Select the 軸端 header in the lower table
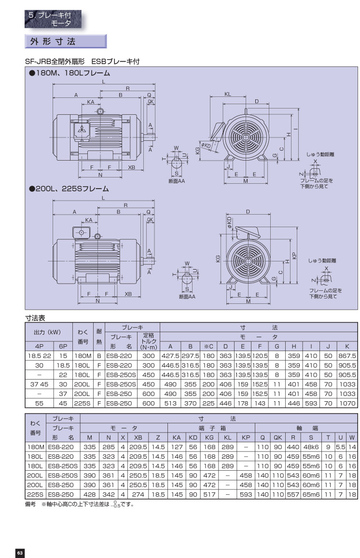click(x=306, y=428)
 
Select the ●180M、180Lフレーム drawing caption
click(x=69, y=73)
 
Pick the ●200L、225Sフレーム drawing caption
click(x=69, y=189)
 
